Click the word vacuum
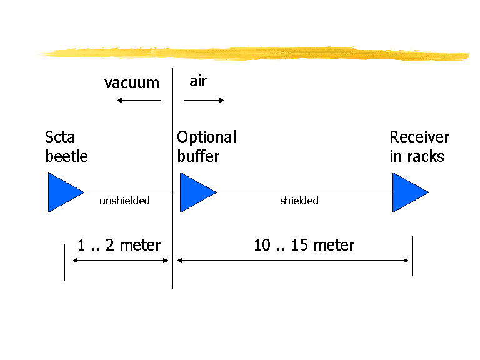click(x=132, y=83)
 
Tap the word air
click(x=198, y=81)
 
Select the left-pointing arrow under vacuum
click(x=139, y=100)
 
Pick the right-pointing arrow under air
click(x=204, y=100)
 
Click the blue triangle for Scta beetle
click(x=63, y=192)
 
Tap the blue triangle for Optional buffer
click(x=196, y=192)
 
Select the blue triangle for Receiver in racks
click(x=408, y=192)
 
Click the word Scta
click(x=60, y=137)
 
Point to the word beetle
click(x=66, y=156)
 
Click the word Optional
click(x=206, y=137)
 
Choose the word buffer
click(x=198, y=156)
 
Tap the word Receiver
click(x=419, y=137)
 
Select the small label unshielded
click(x=124, y=201)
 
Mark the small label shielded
click(x=299, y=201)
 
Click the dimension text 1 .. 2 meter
click(x=119, y=245)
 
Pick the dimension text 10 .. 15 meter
click(x=304, y=245)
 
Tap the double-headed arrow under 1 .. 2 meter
click(x=121, y=261)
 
